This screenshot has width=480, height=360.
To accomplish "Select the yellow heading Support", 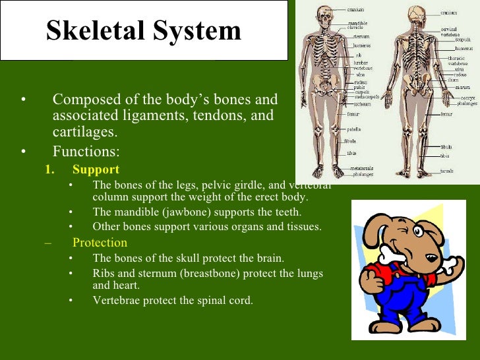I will pos(96,169).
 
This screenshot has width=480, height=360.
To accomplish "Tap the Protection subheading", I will pos(100,242).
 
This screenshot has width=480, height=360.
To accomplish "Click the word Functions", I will pos(86,152).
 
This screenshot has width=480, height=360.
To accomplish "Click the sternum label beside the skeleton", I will pos(359,37).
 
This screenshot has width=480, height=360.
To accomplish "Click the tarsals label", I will pos(446,171).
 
